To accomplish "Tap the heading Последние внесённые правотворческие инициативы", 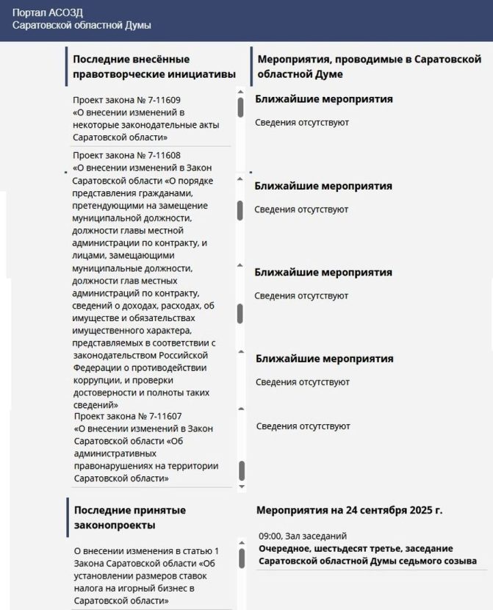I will coord(154,66).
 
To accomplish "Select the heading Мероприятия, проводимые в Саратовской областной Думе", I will coord(365,66).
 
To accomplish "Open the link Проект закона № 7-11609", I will coord(127,100).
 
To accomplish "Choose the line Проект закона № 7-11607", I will coord(128,416).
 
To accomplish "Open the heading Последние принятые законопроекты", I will coord(129,517).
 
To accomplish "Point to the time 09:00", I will coord(270,537).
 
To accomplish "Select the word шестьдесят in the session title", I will coord(345,548).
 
